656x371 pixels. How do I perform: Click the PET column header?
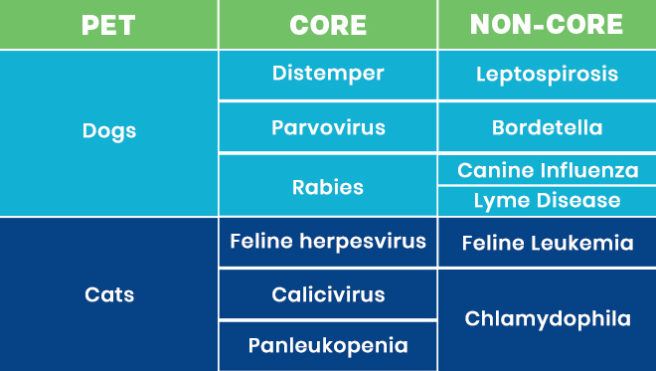point(108,25)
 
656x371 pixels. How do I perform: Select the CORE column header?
point(328,25)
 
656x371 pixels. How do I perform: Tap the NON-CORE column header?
point(547,25)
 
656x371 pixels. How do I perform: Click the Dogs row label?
point(108,131)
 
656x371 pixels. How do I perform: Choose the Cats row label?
point(108,294)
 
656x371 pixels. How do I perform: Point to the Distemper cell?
point(328,75)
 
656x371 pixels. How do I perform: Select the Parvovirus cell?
point(328,128)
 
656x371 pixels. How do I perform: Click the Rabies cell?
point(328,186)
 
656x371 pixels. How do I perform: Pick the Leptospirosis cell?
point(547,75)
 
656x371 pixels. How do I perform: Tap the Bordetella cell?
point(547,128)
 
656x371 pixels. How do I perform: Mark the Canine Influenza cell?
point(547,170)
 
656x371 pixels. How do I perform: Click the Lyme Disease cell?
point(547,201)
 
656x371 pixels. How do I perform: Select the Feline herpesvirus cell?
point(328,242)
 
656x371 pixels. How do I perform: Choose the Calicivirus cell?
point(328,295)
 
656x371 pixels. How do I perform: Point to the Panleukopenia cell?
point(328,346)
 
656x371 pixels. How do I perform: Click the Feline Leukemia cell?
point(547,243)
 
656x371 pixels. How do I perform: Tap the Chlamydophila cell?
point(547,319)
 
